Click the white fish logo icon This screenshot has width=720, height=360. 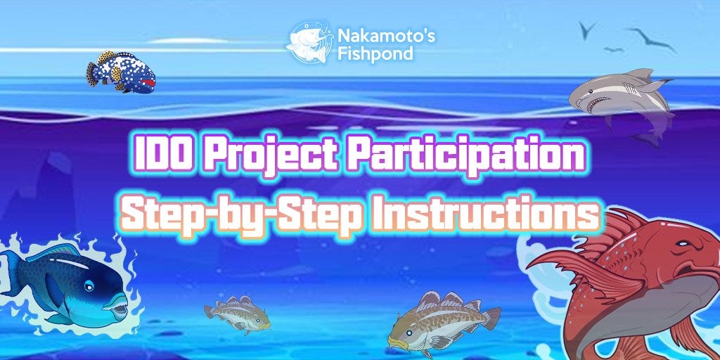click(308, 43)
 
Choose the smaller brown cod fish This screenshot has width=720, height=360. click(237, 314)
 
